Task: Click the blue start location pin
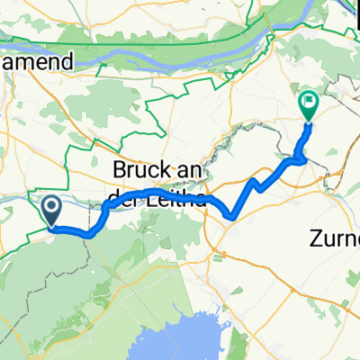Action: click(x=52, y=211)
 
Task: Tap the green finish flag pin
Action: click(x=308, y=106)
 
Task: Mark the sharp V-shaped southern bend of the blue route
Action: click(x=233, y=216)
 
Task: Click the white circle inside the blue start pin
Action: click(x=52, y=207)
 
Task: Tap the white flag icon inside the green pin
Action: click(x=308, y=103)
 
